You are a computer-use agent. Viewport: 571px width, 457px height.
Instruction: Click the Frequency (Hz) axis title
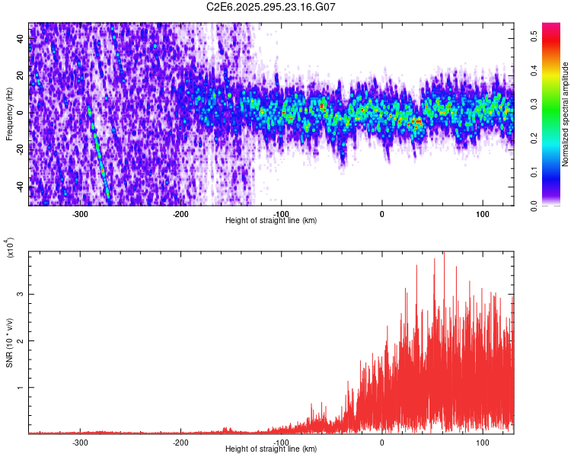click(9, 113)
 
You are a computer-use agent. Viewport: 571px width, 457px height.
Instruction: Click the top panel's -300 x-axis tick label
click(80, 213)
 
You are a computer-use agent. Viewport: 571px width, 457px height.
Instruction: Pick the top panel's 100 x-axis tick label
click(482, 213)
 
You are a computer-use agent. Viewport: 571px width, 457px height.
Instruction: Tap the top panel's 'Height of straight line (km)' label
click(271, 220)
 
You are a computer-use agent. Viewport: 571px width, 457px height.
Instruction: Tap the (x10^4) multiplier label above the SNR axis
click(9, 248)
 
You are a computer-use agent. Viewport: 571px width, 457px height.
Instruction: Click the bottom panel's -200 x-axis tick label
click(180, 442)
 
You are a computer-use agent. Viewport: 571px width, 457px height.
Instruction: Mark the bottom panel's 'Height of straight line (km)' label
click(271, 449)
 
